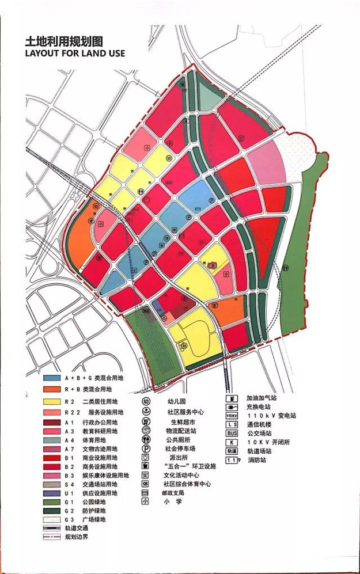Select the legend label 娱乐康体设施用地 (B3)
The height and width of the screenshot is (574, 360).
click(106, 476)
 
